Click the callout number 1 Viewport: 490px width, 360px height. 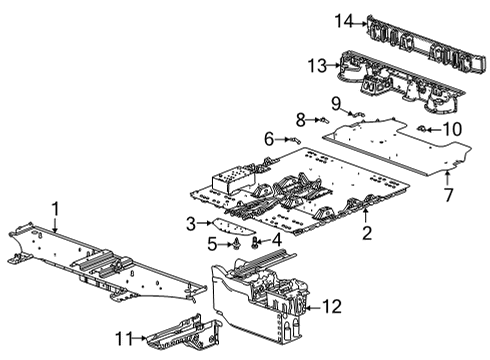(56, 209)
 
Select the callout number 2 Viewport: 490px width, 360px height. (367, 234)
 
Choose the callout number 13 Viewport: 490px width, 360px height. (316, 65)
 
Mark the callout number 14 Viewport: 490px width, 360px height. (317, 20)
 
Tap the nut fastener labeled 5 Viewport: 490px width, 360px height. (234, 242)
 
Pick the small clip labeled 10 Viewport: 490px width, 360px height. (423, 128)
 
